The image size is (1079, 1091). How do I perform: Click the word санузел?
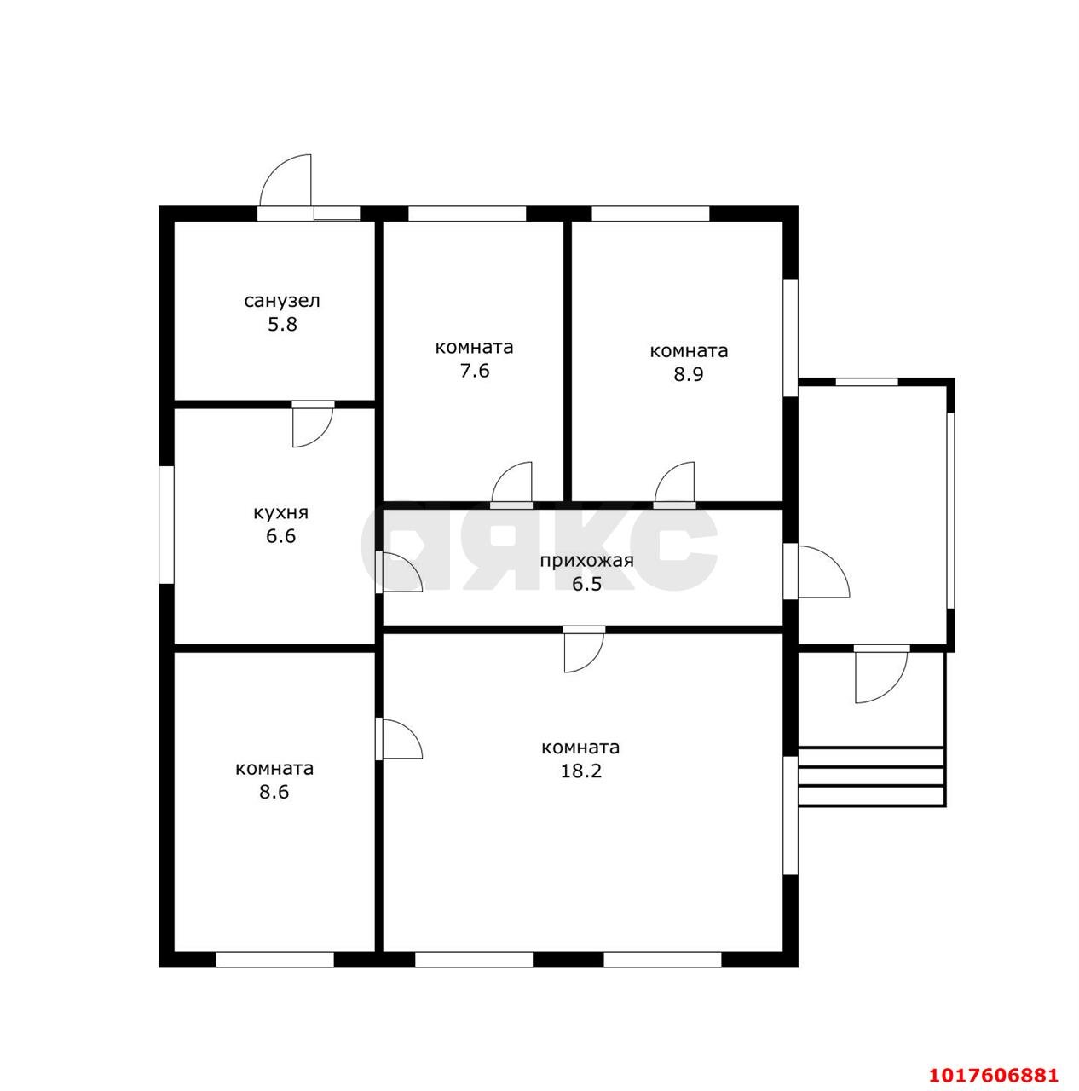(x=282, y=302)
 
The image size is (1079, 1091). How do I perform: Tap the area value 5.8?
(x=282, y=325)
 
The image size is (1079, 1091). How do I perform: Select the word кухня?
(x=280, y=513)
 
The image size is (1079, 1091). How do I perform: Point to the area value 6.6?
(x=281, y=536)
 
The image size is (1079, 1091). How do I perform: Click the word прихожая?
(x=586, y=561)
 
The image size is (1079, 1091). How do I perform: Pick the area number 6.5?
(x=586, y=584)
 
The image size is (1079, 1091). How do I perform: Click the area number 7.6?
(x=475, y=371)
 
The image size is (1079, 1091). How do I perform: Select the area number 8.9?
(x=688, y=374)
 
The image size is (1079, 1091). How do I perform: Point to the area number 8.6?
(x=274, y=792)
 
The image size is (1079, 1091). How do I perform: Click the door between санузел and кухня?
(x=312, y=424)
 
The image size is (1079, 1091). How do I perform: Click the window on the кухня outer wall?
(x=166, y=524)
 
